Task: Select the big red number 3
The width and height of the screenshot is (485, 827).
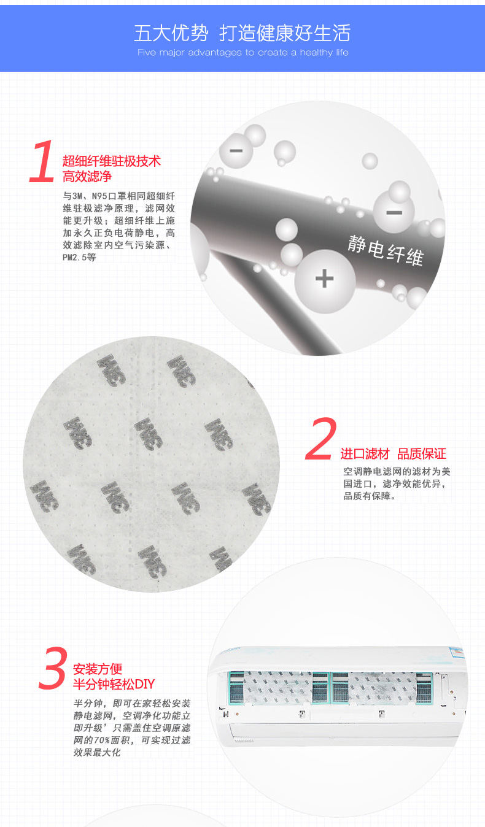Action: tap(53, 668)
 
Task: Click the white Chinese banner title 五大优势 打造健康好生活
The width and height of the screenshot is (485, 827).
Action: tap(243, 33)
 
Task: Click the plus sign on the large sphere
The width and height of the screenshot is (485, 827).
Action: tap(325, 278)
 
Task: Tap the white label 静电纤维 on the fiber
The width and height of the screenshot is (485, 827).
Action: tap(386, 250)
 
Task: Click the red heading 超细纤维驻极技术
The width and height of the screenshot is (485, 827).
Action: tap(112, 161)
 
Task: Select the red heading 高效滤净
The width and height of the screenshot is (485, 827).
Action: tap(87, 177)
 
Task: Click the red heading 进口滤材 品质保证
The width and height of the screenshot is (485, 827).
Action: tap(393, 454)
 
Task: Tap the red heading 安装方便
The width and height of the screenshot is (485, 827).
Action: tap(98, 669)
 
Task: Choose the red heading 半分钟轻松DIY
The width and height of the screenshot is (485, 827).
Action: tap(114, 684)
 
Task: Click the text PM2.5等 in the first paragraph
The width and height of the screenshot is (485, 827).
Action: tap(79, 257)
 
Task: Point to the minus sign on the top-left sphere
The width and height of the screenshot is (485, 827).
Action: tap(236, 150)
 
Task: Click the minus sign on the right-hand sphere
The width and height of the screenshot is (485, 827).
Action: tap(394, 213)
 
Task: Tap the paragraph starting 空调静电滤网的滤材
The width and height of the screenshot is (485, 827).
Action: tap(397, 483)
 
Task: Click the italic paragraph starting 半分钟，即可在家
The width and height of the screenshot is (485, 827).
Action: tap(132, 728)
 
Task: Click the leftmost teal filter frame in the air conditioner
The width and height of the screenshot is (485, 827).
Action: tap(237, 688)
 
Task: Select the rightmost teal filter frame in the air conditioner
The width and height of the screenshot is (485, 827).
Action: tap(424, 688)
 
